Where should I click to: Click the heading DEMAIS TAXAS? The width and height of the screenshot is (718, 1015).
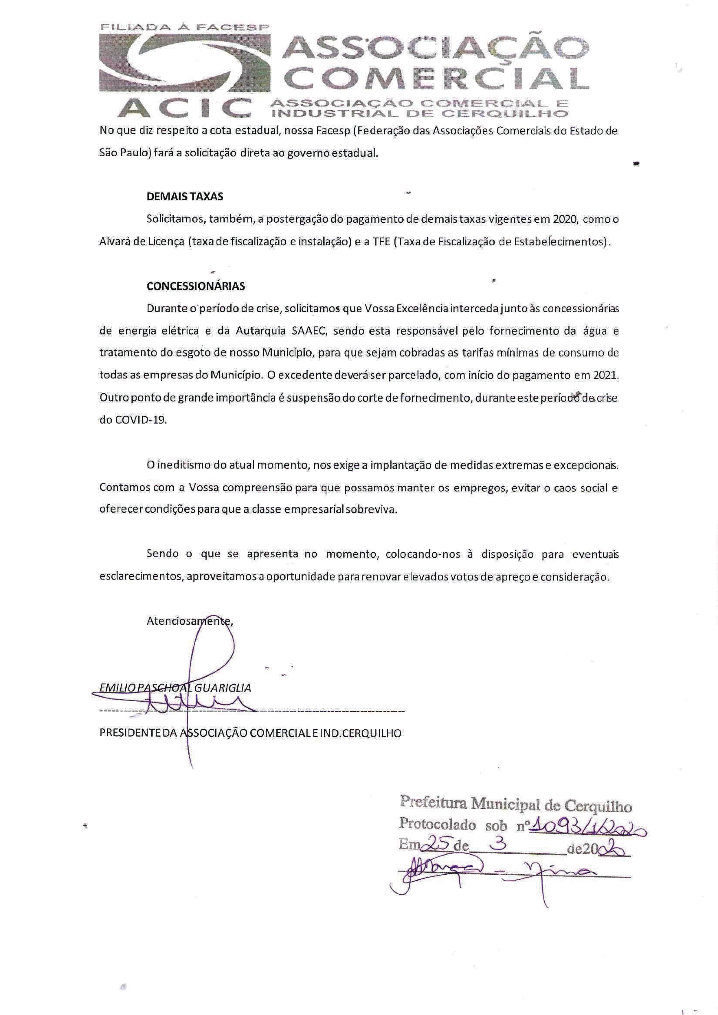pos(185,197)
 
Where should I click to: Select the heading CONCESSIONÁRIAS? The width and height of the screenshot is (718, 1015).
pos(195,286)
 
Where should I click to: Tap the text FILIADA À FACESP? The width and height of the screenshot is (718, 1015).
pos(185,27)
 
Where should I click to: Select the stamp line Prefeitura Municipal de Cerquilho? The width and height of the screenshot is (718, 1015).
pos(515,812)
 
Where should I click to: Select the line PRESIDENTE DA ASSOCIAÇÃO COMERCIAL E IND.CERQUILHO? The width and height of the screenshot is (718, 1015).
pos(250,733)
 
